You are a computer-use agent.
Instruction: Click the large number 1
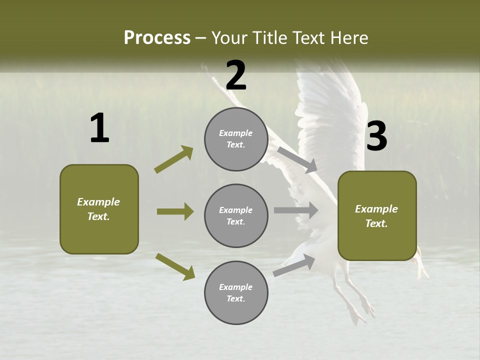click(99, 128)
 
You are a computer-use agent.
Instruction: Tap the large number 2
click(236, 75)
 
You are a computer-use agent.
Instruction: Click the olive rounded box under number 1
click(99, 209)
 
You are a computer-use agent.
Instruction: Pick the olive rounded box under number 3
click(377, 216)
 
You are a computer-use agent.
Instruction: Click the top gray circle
click(236, 139)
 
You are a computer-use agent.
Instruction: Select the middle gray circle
click(236, 216)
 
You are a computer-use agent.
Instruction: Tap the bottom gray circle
click(236, 293)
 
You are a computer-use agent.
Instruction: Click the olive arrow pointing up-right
click(174, 159)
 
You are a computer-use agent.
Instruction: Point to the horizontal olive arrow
click(175, 211)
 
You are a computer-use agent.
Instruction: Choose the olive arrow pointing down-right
click(175, 266)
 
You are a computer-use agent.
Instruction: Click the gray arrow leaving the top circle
click(297, 159)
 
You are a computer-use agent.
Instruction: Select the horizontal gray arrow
click(296, 210)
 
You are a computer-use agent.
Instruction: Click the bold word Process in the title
click(157, 37)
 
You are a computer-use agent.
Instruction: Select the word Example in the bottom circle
click(236, 287)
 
